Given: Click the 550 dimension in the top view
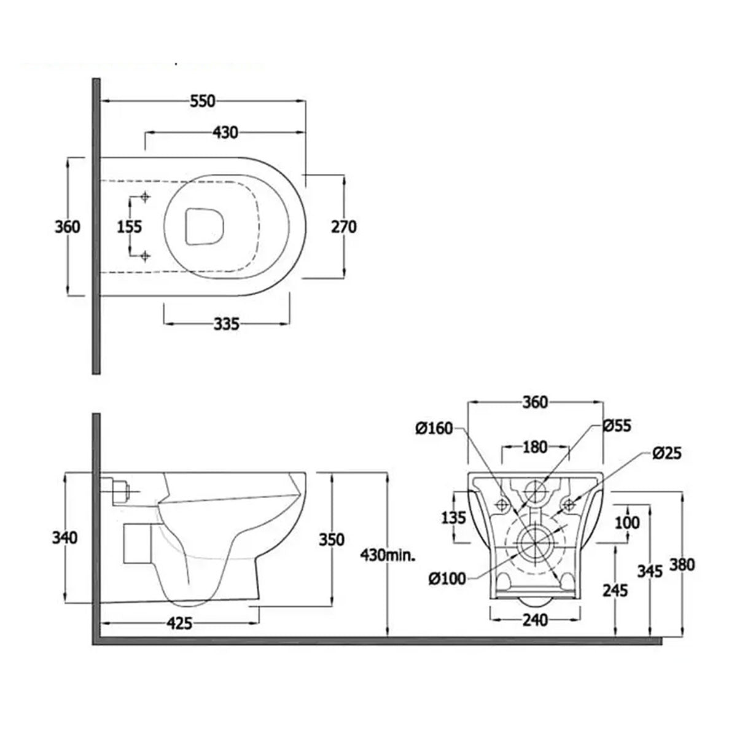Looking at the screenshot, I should [x=202, y=101].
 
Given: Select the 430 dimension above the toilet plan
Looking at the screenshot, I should [x=225, y=132].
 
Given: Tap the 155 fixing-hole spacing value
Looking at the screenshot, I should [x=130, y=227].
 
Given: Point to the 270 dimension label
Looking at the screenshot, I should [x=344, y=227].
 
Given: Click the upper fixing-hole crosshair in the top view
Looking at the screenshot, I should [x=146, y=197].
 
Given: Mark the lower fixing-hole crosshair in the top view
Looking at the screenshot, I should [x=146, y=255].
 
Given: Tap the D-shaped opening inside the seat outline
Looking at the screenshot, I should [x=205, y=226].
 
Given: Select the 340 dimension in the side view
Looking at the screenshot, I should [x=65, y=538].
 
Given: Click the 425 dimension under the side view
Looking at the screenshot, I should [x=179, y=624].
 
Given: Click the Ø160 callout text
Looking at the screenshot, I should [x=434, y=428].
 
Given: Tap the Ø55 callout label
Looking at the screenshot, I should [x=616, y=425].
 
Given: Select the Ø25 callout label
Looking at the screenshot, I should [x=666, y=453].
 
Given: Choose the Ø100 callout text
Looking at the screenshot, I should [x=447, y=578].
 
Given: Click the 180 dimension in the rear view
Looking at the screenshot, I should [x=535, y=447].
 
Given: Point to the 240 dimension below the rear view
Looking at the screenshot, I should [x=535, y=620].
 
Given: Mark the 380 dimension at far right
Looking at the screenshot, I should [x=682, y=564].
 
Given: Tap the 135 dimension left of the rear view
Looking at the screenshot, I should [x=454, y=517].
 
